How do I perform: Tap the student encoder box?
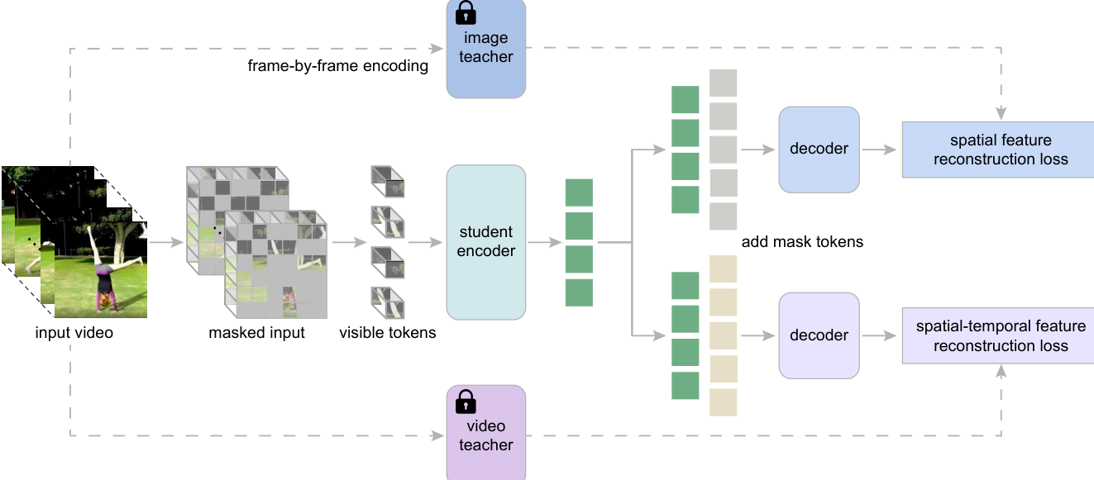click(485, 241)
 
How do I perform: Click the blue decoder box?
click(819, 149)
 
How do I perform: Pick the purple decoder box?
click(819, 335)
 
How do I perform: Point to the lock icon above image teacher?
click(466, 12)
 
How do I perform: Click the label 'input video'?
click(74, 333)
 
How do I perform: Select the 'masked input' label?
click(256, 333)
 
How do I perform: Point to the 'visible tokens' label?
click(387, 333)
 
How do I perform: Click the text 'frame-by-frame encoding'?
click(337, 65)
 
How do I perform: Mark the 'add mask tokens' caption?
click(802, 242)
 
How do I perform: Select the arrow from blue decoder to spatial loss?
click(880, 150)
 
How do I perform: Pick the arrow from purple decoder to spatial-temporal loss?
click(880, 335)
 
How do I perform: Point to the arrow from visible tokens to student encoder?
click(423, 242)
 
